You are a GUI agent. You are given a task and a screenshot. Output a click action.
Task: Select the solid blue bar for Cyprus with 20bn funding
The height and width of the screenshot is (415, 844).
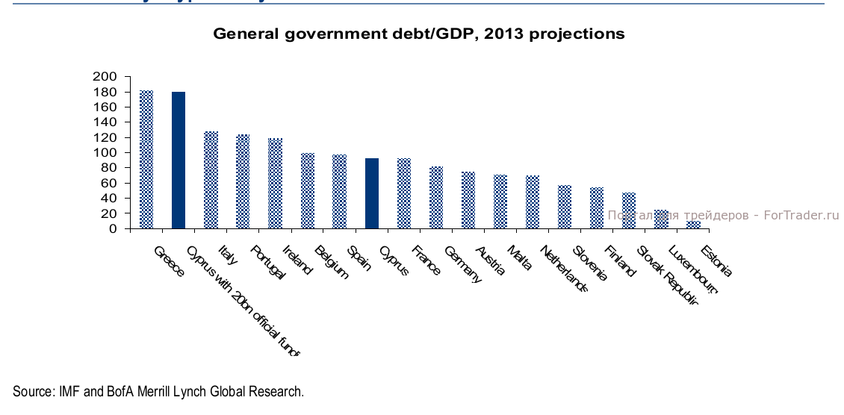179,160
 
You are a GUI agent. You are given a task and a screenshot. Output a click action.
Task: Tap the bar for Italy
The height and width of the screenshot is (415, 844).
211,180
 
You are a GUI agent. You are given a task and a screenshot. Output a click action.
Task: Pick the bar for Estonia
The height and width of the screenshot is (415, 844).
694,225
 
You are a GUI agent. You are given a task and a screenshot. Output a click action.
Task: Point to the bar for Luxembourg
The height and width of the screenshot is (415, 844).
662,219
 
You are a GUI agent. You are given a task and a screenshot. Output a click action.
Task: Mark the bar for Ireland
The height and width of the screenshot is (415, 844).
308,190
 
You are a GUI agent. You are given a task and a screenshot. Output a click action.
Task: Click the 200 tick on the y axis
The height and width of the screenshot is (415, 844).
105,76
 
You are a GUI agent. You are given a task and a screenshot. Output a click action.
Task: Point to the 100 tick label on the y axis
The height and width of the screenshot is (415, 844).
105,152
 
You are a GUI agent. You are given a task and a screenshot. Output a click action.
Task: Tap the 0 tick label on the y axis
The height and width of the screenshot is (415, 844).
113,228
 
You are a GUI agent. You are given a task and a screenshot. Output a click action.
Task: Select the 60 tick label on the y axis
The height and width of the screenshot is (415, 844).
108,183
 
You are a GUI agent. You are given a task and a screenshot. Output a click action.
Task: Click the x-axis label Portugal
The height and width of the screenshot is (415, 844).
267,262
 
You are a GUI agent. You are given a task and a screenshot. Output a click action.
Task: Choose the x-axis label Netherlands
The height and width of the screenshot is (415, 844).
564,268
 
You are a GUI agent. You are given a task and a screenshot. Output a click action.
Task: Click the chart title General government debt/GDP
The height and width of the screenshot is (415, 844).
418,34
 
